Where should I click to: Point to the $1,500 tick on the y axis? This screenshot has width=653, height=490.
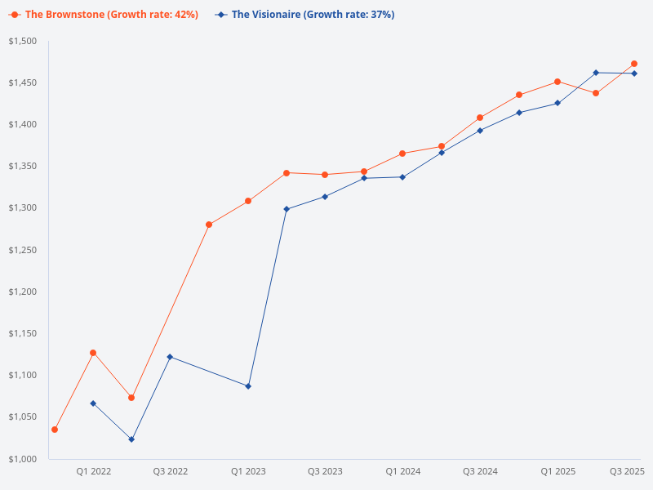(24, 42)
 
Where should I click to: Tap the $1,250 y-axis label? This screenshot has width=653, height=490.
(24, 250)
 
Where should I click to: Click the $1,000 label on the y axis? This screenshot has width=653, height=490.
(24, 459)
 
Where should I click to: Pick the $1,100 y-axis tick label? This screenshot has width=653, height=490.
(24, 376)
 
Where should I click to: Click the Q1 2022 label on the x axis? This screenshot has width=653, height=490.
(94, 471)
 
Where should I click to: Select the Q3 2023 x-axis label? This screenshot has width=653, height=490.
(325, 471)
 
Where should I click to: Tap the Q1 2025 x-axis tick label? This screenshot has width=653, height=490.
(557, 471)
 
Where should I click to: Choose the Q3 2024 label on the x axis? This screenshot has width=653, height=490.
(480, 471)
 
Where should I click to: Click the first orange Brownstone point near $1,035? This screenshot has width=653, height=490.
(55, 430)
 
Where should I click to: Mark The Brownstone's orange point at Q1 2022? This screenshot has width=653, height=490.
(93, 353)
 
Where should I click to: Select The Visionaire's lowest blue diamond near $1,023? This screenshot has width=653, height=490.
(131, 439)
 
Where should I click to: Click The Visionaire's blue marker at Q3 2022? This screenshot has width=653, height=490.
(170, 357)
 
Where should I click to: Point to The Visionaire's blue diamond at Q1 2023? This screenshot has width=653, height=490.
(248, 386)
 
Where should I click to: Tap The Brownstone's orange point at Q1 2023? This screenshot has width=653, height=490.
(248, 201)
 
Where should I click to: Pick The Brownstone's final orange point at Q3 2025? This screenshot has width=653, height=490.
(634, 64)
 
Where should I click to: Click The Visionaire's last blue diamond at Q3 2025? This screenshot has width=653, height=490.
(634, 73)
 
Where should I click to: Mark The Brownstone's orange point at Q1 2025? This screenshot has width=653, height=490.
(557, 82)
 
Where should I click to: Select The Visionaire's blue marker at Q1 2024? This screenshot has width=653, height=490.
(402, 177)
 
